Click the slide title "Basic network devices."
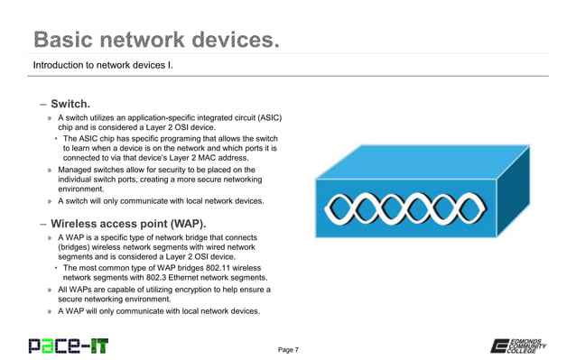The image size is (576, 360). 154,40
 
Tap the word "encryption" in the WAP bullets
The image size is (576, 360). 195,291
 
